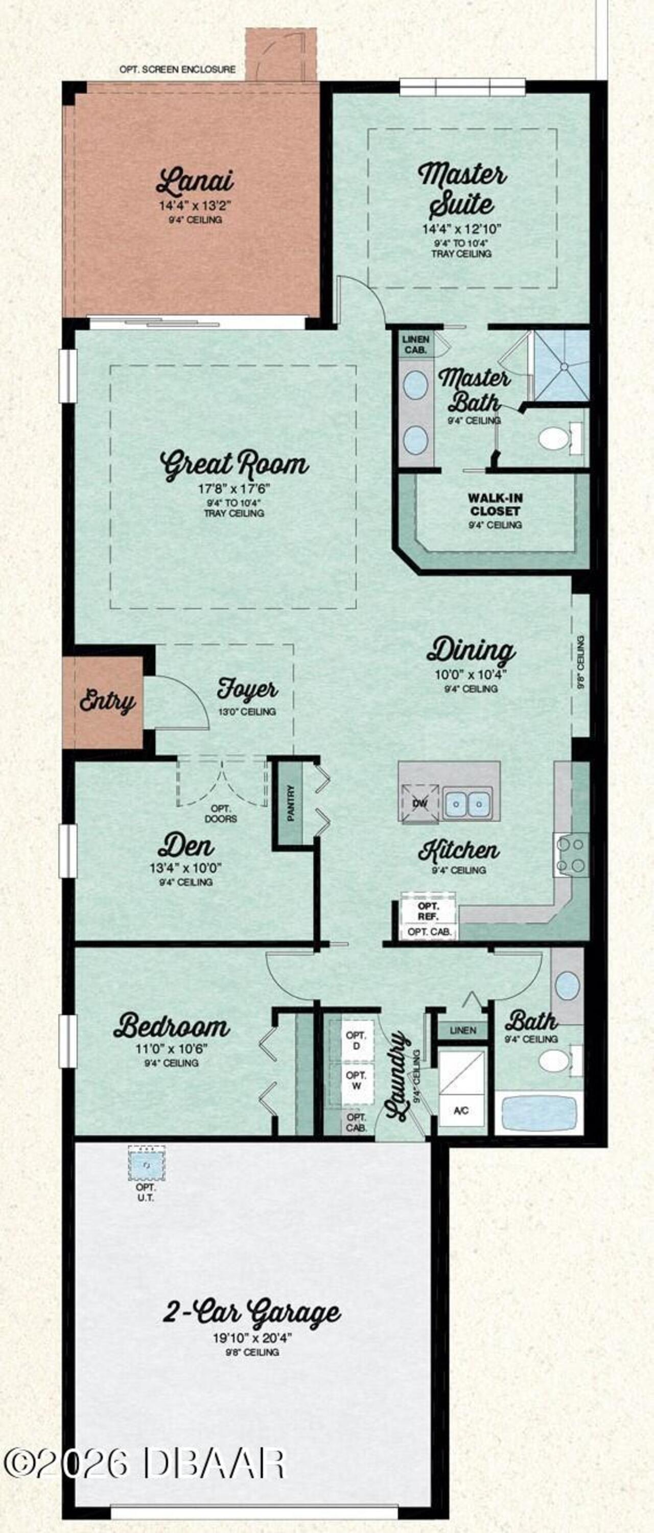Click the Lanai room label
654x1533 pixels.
point(195,181)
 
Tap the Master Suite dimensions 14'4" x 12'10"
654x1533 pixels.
point(462,228)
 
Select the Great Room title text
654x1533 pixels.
point(235,464)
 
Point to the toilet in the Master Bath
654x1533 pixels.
point(554,439)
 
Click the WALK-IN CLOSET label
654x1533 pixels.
point(495,504)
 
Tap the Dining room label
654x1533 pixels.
point(471,650)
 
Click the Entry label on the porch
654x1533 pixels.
point(107,702)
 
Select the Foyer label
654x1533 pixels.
point(247,690)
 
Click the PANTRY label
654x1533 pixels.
point(292,804)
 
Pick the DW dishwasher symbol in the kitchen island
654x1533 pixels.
point(420,804)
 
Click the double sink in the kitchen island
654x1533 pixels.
point(467,804)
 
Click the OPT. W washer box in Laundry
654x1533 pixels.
point(356,1080)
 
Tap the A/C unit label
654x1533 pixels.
point(461,1111)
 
